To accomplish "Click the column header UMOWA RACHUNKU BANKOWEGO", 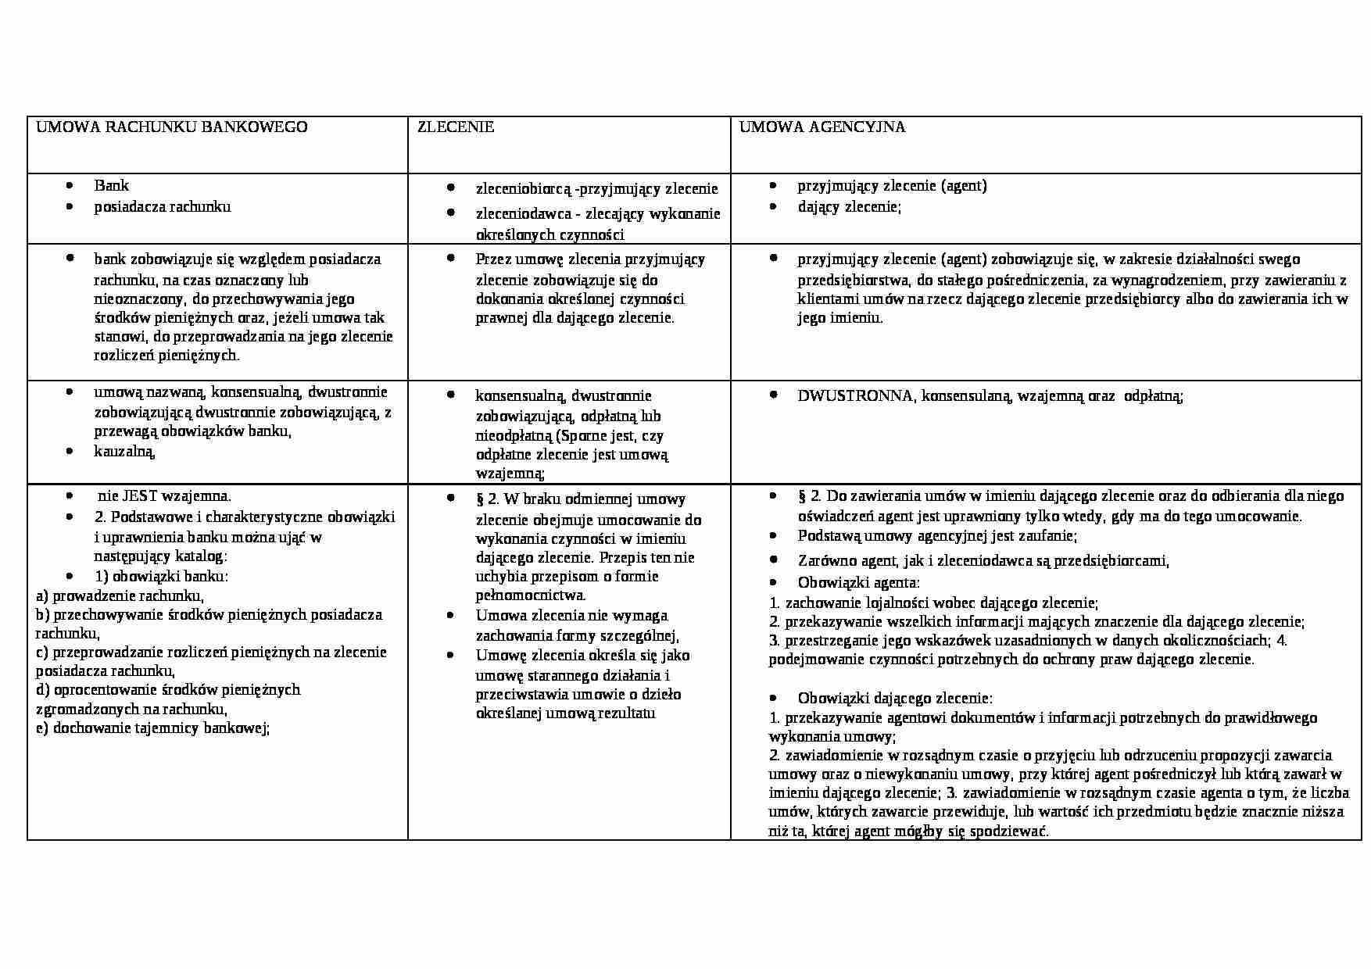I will pos(172,127).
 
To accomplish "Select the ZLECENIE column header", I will pos(456,127).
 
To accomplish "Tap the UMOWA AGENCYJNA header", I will pos(822,127).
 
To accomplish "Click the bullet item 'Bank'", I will pos(111,186).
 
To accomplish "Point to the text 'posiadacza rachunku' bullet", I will pos(163,207).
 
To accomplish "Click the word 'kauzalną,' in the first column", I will pos(125,452).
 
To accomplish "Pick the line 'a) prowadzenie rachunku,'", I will pos(120,595).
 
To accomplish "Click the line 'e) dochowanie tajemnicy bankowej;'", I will pos(152,728).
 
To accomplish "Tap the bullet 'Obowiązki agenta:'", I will pos(858,583).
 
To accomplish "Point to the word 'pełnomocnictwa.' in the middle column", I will pos(531,595).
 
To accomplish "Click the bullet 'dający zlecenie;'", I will pos(849,207).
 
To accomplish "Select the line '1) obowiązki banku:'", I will pos(161,577).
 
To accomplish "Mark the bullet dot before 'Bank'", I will pos(70,186).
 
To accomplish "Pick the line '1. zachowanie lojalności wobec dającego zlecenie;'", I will pos(934,603).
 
